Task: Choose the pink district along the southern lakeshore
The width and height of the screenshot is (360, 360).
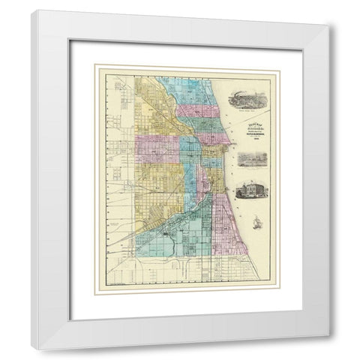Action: pyautogui.click(x=225, y=210)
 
